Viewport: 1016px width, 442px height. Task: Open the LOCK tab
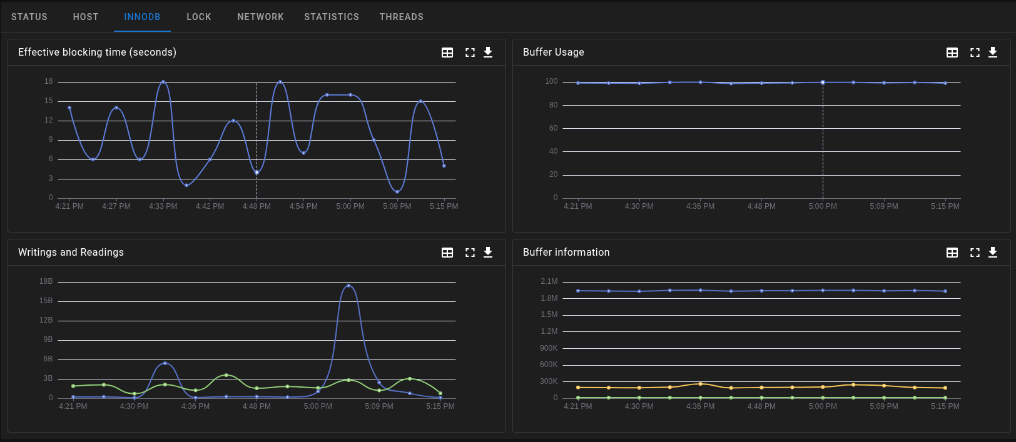[198, 17]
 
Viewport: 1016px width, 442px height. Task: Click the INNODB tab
[142, 17]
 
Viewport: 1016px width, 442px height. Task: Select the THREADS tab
[401, 17]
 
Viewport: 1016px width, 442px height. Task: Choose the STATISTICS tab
[332, 17]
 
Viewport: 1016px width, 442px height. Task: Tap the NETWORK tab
[260, 17]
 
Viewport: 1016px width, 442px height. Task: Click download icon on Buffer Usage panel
[993, 53]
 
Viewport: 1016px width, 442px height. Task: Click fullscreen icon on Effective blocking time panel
[470, 53]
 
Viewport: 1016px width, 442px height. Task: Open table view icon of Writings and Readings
[447, 253]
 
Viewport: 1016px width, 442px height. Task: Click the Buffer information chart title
[566, 253]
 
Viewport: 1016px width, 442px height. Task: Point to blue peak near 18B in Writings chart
[348, 286]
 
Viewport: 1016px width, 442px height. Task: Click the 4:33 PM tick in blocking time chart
[163, 206]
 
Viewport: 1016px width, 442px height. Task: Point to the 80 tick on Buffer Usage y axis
[553, 105]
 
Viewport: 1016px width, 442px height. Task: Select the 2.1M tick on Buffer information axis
[549, 281]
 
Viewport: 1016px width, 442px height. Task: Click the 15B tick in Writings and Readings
[46, 301]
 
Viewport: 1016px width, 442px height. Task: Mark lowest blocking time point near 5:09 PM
[397, 191]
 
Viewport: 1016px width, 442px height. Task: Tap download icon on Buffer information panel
[993, 253]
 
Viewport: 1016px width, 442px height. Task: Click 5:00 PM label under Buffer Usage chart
[822, 206]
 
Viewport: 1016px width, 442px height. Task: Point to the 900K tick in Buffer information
[549, 348]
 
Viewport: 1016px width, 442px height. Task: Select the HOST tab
[86, 17]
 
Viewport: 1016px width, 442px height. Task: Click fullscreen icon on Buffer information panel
[975, 253]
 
